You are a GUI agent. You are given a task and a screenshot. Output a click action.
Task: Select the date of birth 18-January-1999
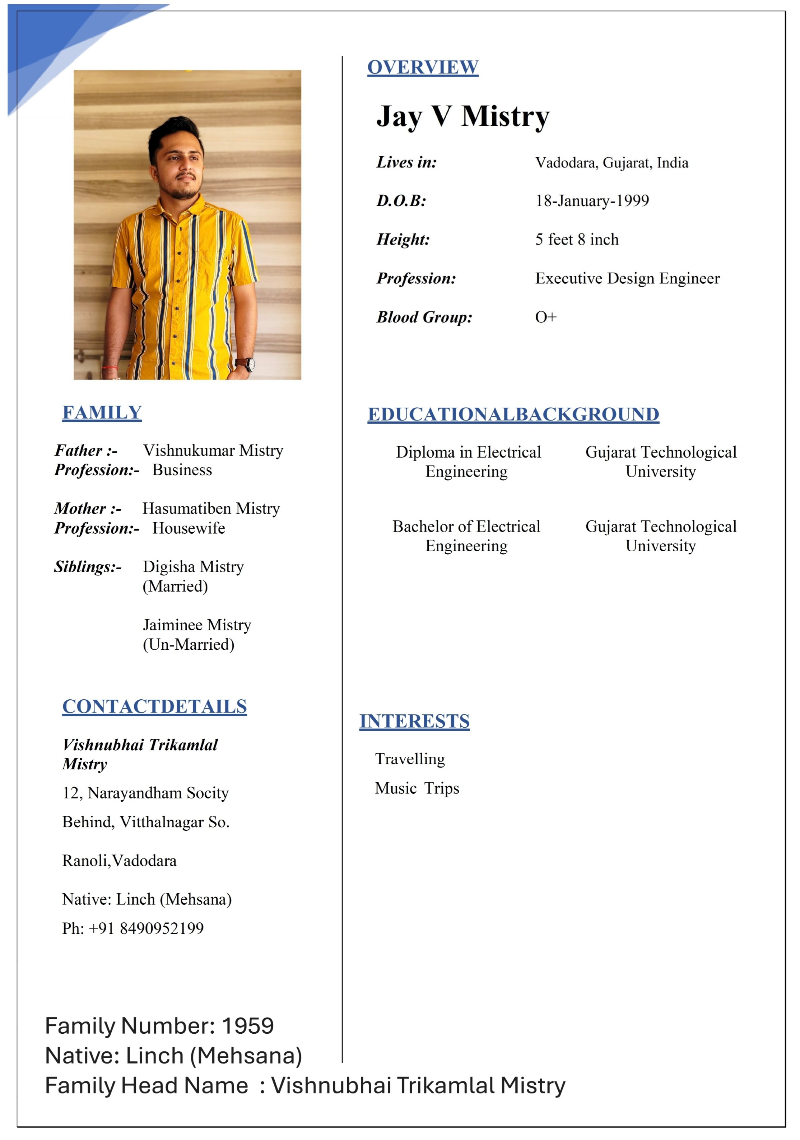click(x=592, y=200)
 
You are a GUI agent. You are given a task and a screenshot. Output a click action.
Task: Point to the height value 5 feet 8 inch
click(x=577, y=239)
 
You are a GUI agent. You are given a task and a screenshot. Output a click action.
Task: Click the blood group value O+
click(x=545, y=317)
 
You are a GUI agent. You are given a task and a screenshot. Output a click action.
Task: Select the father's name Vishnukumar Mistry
click(x=213, y=450)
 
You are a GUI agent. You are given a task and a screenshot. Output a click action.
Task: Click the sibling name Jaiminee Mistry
click(x=197, y=625)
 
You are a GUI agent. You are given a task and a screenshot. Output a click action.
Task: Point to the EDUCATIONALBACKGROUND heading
click(x=513, y=414)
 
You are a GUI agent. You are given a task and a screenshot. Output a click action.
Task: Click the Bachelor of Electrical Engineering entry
click(x=466, y=536)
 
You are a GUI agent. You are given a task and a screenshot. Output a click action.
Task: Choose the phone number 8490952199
click(x=162, y=928)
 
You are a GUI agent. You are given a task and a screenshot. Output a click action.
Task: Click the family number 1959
click(x=248, y=1025)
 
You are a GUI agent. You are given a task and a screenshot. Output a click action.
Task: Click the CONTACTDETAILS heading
click(x=154, y=706)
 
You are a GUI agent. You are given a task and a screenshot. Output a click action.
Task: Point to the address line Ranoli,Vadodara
click(x=119, y=861)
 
